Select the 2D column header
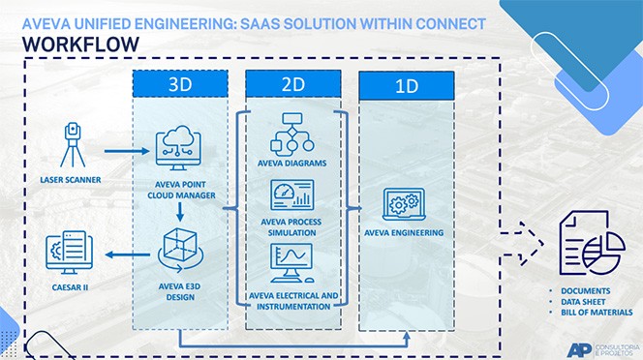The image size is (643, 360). pyautogui.click(x=293, y=84)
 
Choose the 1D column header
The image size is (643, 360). pyautogui.click(x=407, y=86)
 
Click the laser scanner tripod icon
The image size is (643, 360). pyautogui.click(x=72, y=145)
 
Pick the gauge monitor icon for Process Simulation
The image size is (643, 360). pyautogui.click(x=292, y=197)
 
